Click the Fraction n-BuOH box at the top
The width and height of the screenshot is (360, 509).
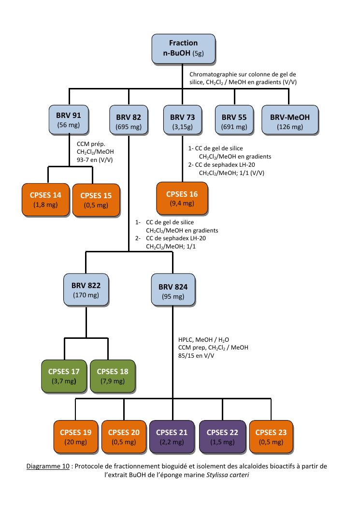click(x=183, y=48)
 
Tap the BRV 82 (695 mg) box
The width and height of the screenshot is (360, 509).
click(x=129, y=120)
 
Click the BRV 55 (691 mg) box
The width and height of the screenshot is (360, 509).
click(x=234, y=120)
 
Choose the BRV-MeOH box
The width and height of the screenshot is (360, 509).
click(x=290, y=120)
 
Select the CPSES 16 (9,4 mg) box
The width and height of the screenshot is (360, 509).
click(x=182, y=198)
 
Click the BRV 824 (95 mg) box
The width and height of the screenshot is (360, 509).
click(x=173, y=290)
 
